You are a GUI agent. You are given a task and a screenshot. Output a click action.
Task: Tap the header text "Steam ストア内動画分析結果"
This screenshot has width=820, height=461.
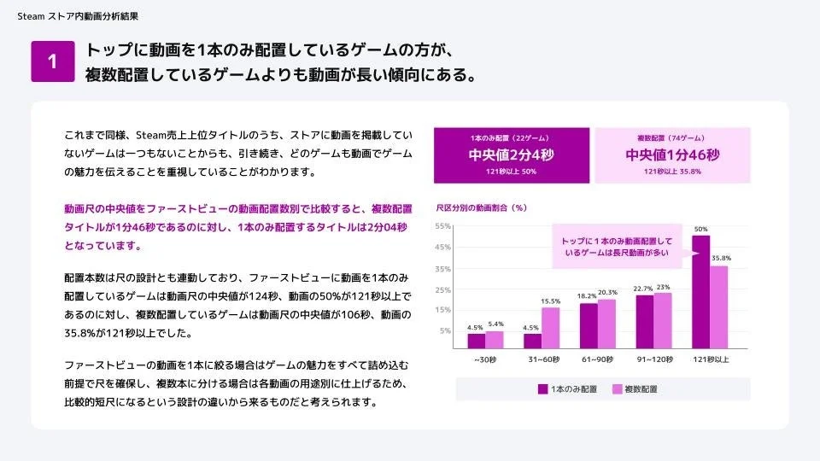click(78, 16)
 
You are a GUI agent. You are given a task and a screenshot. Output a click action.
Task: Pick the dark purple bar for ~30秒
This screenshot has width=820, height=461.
click(476, 341)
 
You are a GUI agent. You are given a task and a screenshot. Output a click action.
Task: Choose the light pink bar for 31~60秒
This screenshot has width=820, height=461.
click(551, 328)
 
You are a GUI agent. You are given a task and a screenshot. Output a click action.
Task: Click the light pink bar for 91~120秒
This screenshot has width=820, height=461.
click(663, 321)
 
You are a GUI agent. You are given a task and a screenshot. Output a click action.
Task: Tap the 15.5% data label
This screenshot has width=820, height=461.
click(551, 301)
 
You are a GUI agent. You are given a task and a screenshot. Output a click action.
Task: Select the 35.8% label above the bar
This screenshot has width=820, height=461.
click(721, 259)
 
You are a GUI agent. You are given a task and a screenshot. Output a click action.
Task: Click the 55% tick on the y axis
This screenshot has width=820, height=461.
click(443, 226)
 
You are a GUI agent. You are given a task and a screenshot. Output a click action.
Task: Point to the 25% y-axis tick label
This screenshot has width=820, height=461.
click(443, 289)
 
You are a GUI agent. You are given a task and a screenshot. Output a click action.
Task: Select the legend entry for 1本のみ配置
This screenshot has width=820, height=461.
click(567, 388)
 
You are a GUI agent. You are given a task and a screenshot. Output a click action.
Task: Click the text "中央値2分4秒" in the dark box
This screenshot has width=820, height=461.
click(512, 155)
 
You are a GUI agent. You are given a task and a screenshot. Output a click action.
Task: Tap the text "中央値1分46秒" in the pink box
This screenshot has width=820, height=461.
click(672, 155)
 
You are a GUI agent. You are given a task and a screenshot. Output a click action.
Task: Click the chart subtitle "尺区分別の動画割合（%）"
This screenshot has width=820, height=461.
click(482, 207)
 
